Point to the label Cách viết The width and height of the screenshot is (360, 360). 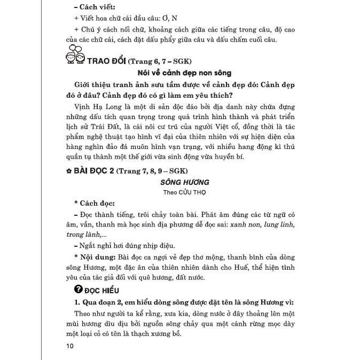(96, 7)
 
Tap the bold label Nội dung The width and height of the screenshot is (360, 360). (96, 256)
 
